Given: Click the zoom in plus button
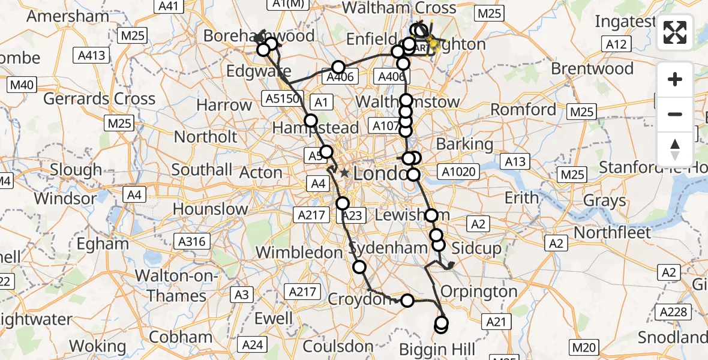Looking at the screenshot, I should [675, 79].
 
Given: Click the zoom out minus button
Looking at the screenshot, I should [675, 114].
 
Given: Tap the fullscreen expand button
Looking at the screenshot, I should [675, 32].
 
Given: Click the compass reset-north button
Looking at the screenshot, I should [675, 149].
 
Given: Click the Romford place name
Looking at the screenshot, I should [523, 110].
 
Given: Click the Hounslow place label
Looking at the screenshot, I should [210, 209].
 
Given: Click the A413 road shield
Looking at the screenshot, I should [92, 56].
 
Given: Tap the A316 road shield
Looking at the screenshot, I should [191, 242].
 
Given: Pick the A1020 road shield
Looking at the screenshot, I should [460, 172].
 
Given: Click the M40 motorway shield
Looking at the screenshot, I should [22, 85].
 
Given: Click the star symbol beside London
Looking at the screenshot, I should [344, 173].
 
